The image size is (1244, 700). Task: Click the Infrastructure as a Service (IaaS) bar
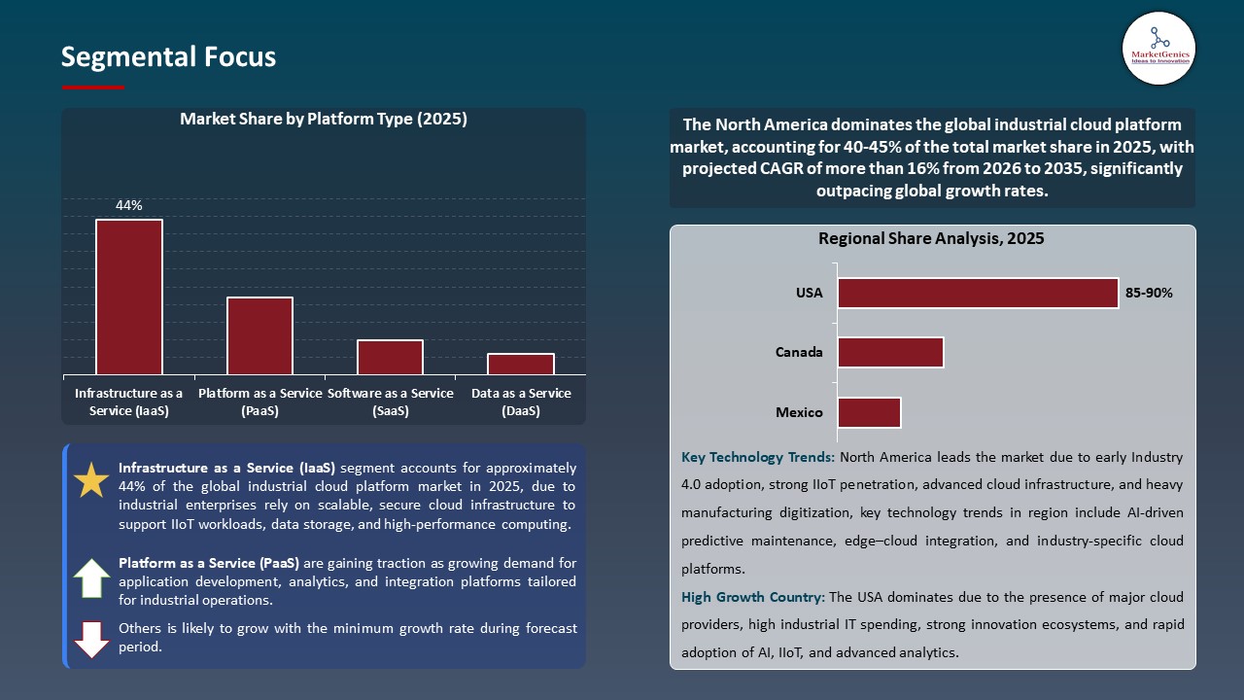point(129,297)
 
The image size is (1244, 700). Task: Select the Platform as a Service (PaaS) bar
point(259,335)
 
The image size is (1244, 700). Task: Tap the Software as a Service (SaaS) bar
point(390,357)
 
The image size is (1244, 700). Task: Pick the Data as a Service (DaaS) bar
point(521,364)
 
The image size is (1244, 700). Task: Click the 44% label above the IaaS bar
point(129,205)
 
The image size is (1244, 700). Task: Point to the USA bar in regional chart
point(978,293)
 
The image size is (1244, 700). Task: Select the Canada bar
point(890,352)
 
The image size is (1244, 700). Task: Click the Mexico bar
point(869,412)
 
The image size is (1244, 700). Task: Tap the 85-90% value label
point(1149,293)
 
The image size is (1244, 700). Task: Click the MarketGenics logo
point(1158,49)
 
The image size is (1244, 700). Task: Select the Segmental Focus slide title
point(168,57)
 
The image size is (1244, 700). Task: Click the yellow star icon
point(92,481)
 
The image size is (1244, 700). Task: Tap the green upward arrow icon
point(91,578)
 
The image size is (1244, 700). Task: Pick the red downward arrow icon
point(91,639)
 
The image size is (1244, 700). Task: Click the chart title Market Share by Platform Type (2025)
point(324,120)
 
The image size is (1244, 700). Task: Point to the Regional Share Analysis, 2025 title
point(931,238)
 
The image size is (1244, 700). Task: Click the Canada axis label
point(799,352)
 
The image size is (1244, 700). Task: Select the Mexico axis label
point(799,412)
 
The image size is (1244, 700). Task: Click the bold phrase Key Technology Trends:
point(758,457)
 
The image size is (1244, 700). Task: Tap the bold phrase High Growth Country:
point(753,597)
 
